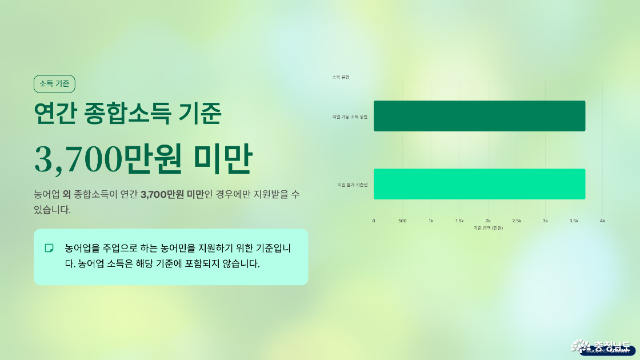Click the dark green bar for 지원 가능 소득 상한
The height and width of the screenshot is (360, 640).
click(479, 116)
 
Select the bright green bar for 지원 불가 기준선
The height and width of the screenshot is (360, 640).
click(479, 184)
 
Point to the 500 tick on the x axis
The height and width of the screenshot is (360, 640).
click(402, 221)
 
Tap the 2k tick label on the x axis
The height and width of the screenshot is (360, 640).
click(488, 221)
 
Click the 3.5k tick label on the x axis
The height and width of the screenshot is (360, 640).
click(574, 221)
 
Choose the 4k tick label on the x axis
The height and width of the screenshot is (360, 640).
click(602, 221)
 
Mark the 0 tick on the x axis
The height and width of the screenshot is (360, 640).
click(374, 221)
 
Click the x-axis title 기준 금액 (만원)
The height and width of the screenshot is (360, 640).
click(488, 228)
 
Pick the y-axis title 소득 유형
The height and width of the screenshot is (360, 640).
click(341, 77)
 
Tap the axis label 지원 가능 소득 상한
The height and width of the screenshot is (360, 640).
click(350, 117)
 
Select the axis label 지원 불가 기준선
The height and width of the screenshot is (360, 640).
click(352, 185)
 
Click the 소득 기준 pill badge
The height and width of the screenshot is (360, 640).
click(54, 84)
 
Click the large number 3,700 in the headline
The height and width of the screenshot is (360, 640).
click(77, 158)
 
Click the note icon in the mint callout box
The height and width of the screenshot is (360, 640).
click(49, 248)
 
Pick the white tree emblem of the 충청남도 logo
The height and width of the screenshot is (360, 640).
click(581, 346)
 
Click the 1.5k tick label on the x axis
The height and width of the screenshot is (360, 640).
click(459, 221)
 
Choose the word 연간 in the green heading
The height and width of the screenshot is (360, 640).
click(55, 113)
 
